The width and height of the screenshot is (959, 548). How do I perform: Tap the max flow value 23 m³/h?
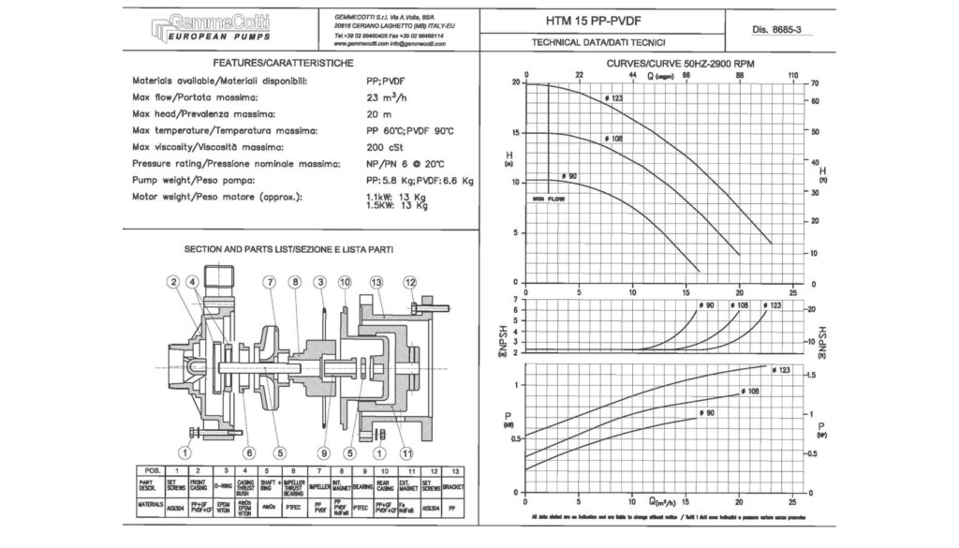(x=388, y=97)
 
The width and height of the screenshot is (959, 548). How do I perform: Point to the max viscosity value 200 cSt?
(x=385, y=147)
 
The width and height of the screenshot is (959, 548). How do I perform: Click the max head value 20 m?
(x=379, y=113)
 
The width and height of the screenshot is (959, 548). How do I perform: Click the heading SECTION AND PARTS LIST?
(x=288, y=250)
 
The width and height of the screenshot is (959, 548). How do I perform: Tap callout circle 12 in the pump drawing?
(x=410, y=282)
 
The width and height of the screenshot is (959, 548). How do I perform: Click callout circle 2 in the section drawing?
(x=173, y=282)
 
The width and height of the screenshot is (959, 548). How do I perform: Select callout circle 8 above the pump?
(x=294, y=282)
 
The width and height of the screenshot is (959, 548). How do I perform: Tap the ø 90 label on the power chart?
(x=706, y=412)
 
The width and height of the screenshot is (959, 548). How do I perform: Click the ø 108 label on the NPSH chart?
(x=738, y=305)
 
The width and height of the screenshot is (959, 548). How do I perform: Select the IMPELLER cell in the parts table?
(x=319, y=487)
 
